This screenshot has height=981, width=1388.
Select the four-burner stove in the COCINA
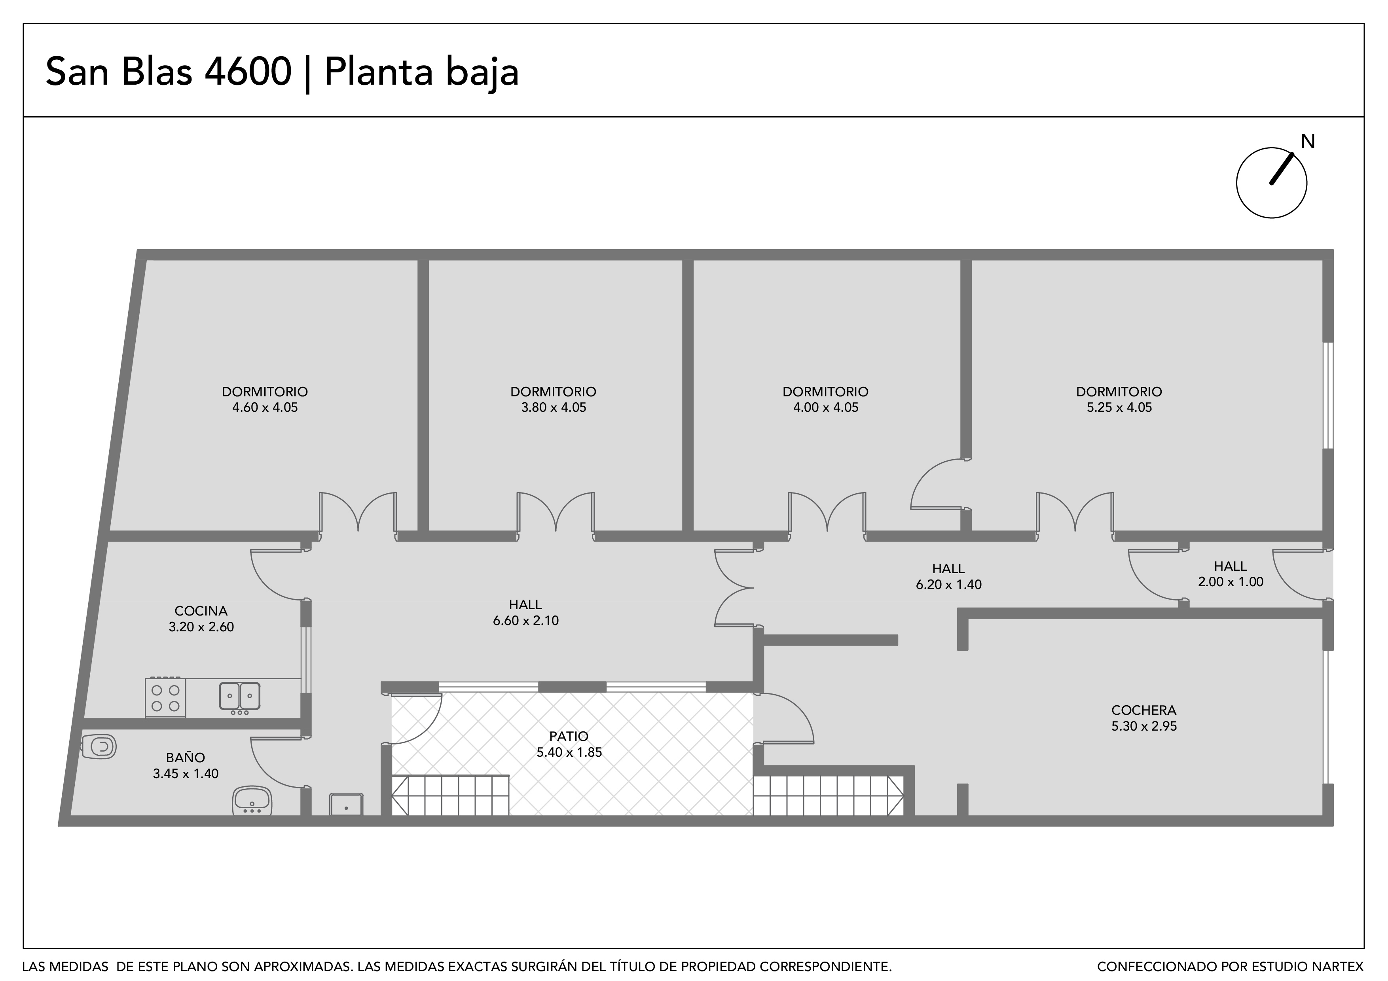[165, 698]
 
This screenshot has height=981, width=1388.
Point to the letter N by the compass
[1308, 142]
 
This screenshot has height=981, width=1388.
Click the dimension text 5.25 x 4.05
[1119, 408]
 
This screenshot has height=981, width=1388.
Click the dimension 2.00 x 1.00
[1230, 582]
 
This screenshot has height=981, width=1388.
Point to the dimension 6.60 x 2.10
[525, 621]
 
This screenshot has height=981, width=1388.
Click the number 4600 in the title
[248, 72]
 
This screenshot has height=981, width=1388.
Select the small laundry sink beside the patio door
[346, 805]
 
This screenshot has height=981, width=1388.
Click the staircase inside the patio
[450, 795]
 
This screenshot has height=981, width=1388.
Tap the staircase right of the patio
[828, 795]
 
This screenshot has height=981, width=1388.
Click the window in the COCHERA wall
[1326, 717]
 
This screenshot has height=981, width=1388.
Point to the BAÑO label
[186, 758]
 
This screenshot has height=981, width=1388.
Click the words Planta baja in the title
[421, 72]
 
